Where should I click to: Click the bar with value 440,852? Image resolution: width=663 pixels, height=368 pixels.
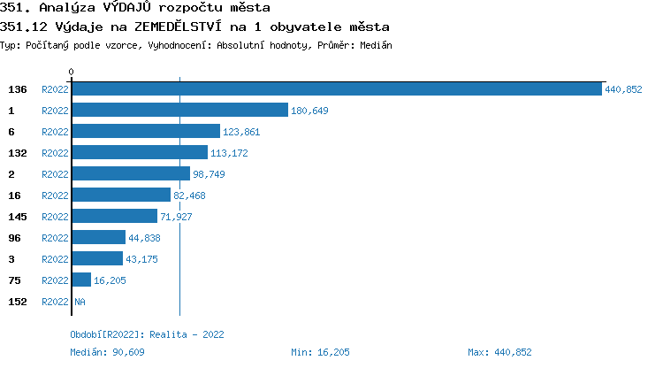[336, 88]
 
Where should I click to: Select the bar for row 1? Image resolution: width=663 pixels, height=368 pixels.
[179, 110]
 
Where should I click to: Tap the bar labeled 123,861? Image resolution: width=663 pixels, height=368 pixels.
[145, 131]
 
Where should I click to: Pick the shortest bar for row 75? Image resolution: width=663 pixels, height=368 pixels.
[80, 280]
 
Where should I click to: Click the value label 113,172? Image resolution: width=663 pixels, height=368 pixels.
[229, 153]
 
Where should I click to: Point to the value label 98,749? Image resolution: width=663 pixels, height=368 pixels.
[209, 174]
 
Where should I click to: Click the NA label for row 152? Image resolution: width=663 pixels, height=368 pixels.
[80, 302]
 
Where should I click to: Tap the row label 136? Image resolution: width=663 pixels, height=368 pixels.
[18, 89]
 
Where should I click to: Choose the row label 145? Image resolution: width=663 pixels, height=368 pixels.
[18, 217]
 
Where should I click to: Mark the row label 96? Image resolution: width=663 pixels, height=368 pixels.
[14, 238]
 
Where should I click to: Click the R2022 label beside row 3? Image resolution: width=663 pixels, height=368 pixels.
[55, 259]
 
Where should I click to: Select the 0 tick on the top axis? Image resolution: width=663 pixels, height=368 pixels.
[71, 71]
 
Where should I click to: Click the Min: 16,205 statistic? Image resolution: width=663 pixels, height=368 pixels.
[320, 352]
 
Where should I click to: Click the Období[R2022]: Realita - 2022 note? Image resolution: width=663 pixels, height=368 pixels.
[147, 334]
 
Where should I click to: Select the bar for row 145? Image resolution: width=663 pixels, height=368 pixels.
[114, 216]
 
